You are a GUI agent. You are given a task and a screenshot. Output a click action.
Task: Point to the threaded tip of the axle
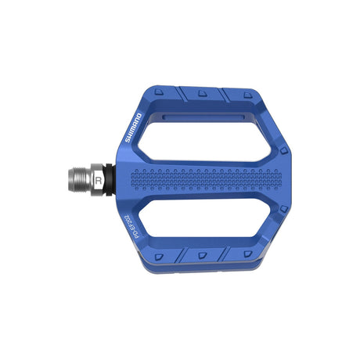coord(81,179)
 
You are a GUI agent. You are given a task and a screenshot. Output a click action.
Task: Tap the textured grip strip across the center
coord(207,178)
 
